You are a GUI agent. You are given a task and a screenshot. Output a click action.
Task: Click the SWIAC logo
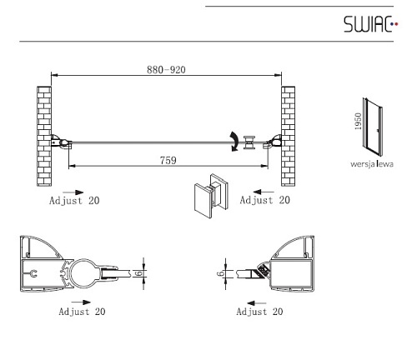click(x=371, y=24)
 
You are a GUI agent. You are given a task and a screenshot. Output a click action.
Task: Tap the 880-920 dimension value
click(x=166, y=69)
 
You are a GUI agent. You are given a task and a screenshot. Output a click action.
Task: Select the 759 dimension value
click(x=168, y=160)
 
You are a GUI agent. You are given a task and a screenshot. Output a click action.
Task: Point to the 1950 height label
click(x=358, y=122)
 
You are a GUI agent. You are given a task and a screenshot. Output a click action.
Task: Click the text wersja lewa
click(x=372, y=164)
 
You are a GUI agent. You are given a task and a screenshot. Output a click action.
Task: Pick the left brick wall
click(x=44, y=136)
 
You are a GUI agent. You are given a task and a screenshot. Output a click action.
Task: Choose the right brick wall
click(x=288, y=136)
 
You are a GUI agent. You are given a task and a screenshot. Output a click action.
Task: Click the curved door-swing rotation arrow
click(x=234, y=142)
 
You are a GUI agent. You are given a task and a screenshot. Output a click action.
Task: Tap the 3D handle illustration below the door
click(x=211, y=195)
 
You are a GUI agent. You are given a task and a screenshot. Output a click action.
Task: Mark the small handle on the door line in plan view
click(x=249, y=142)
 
